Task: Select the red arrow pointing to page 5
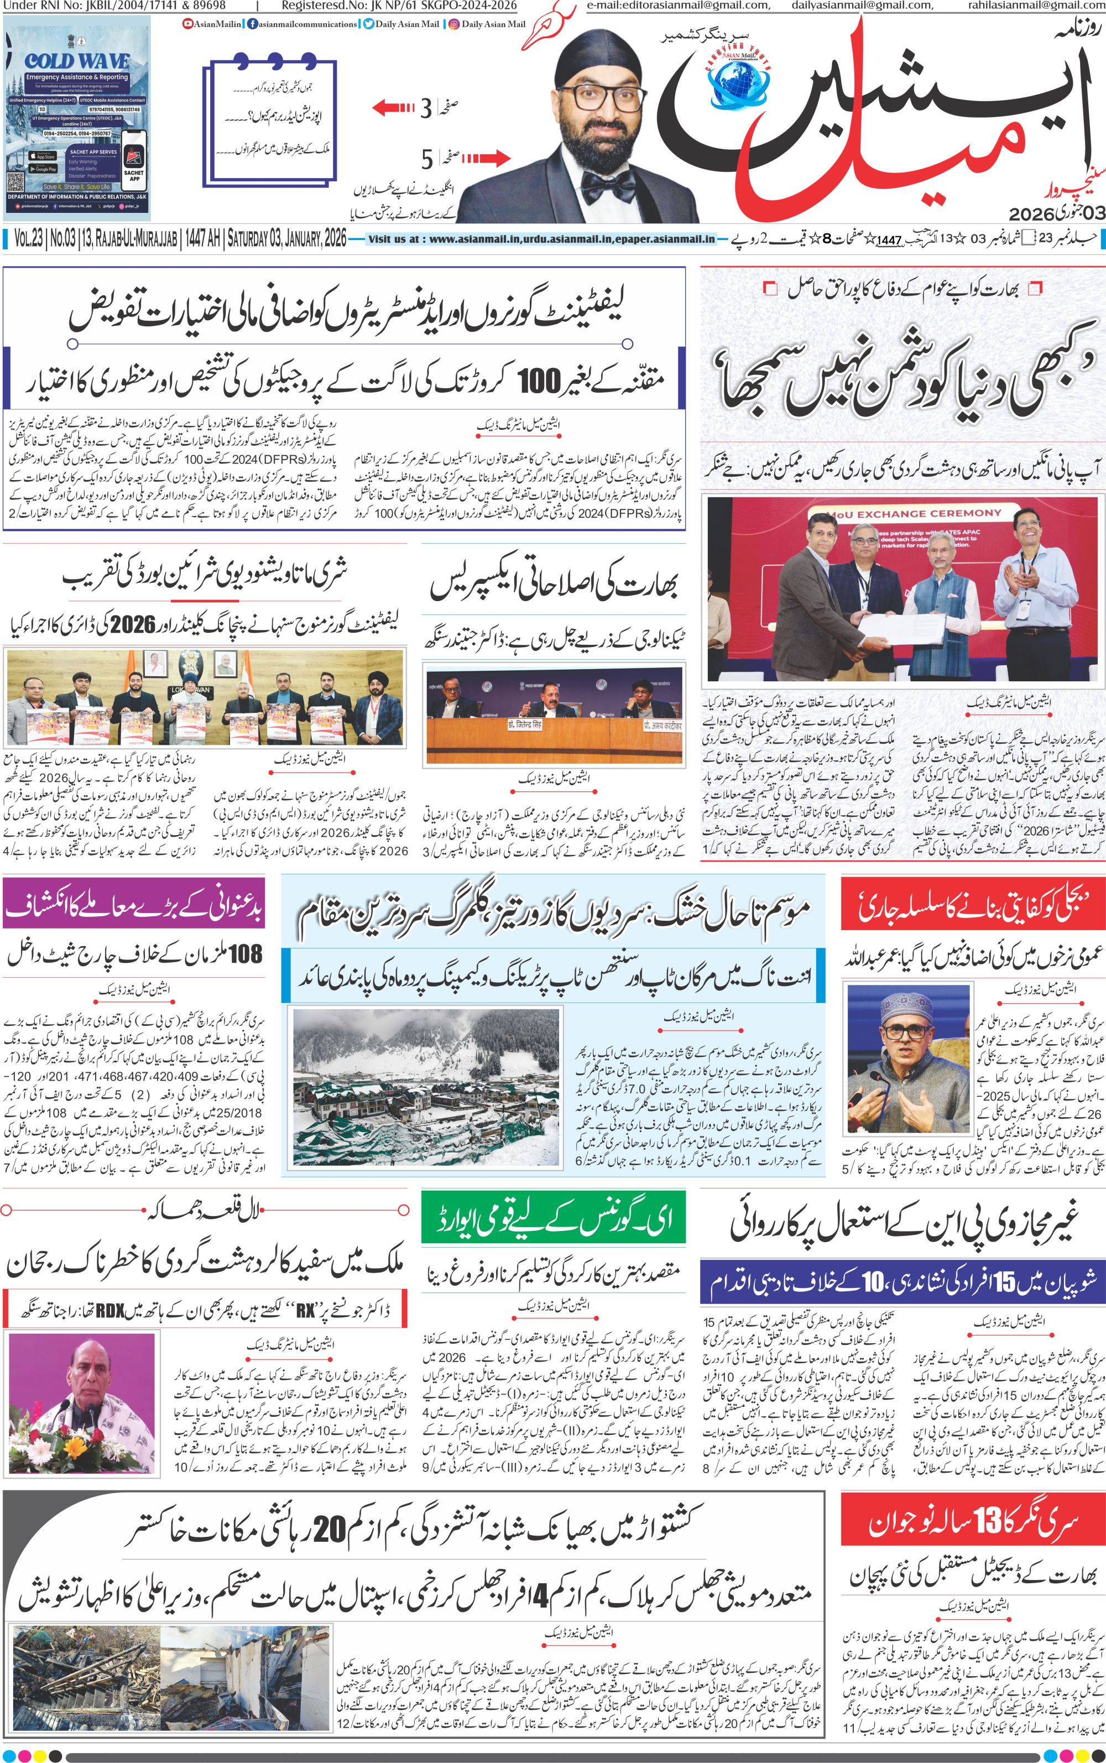(x=484, y=157)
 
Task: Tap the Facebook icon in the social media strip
(x=252, y=24)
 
